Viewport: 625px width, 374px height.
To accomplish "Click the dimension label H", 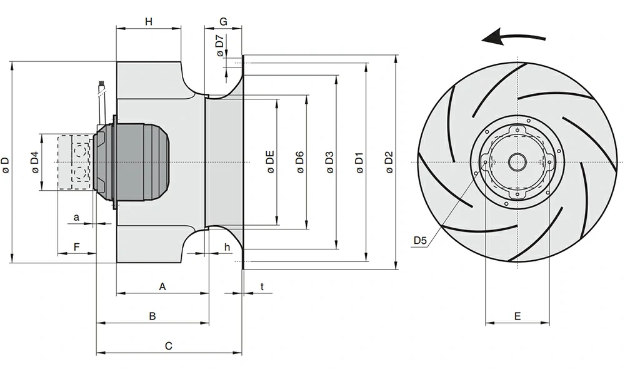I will tap(149, 22).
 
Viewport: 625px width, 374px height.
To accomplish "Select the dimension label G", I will tap(223, 22).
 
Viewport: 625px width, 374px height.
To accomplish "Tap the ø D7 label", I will tap(219, 46).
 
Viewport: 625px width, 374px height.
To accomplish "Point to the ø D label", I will tap(6, 164).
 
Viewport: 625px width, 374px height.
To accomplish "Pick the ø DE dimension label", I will tap(271, 162).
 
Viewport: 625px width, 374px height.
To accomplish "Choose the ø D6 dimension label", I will tap(301, 162).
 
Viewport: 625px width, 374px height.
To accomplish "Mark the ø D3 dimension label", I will tap(330, 162).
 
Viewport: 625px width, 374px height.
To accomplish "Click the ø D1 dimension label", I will tap(359, 162).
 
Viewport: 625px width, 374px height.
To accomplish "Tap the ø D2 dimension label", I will tap(389, 162).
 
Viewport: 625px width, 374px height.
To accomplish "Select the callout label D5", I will tap(420, 240).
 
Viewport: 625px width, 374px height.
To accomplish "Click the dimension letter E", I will tap(517, 316).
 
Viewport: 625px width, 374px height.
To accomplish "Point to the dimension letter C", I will tap(168, 345).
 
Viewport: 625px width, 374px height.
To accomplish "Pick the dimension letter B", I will tap(152, 316).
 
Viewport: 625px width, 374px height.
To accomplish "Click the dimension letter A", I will tap(162, 286).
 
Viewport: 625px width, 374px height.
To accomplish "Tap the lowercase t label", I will tap(262, 286).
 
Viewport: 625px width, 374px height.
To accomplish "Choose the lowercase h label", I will tap(227, 248).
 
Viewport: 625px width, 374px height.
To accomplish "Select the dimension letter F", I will tap(76, 247).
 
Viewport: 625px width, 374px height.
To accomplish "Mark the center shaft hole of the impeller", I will tap(517, 162).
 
